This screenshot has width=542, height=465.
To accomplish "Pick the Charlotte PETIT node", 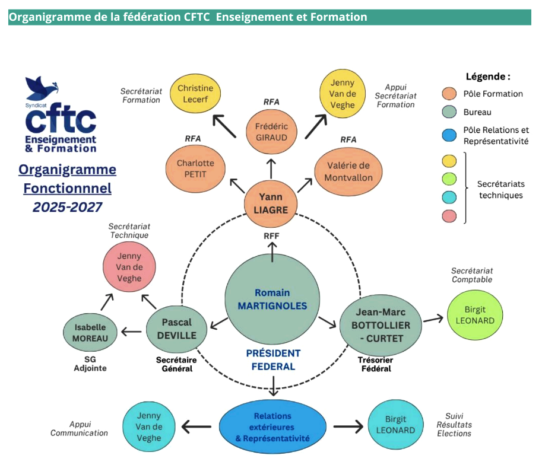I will (195, 170).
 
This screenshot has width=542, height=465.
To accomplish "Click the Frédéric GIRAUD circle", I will (271, 131).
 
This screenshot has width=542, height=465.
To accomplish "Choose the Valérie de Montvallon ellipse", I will (348, 171).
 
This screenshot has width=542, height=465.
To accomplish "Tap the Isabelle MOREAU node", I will (90, 333).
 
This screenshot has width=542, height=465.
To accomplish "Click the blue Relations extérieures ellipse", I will (272, 427).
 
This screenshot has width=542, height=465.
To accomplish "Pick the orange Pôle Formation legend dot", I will (449, 94).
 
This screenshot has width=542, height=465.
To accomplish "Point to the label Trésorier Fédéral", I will (375, 364).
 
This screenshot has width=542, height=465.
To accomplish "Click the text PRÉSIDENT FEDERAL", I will (273, 359).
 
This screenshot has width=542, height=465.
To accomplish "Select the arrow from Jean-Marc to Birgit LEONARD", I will (433, 319).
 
